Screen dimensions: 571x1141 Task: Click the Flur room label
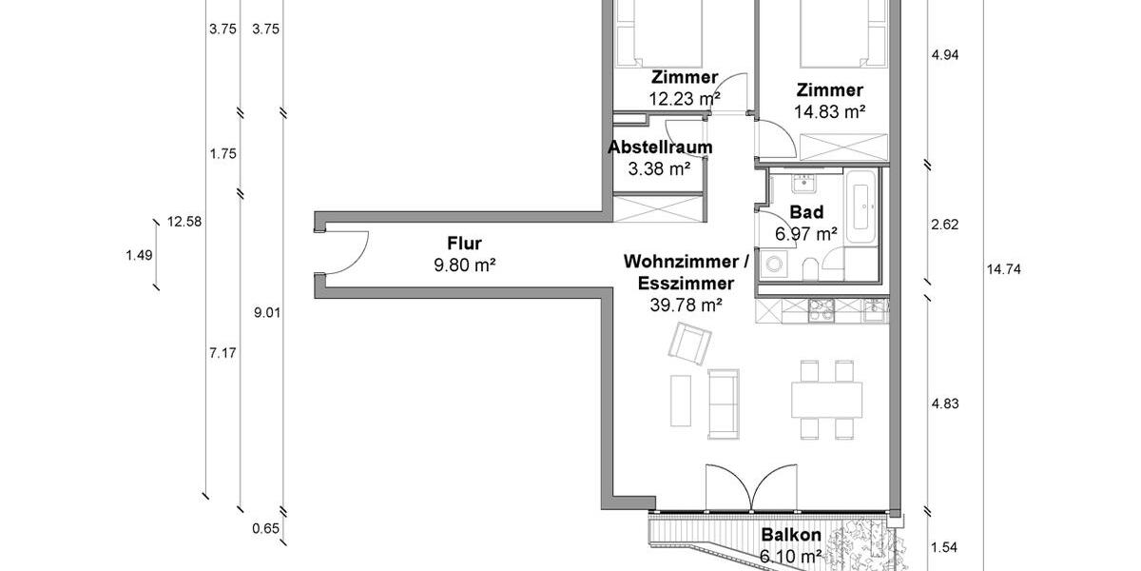pyautogui.click(x=466, y=243)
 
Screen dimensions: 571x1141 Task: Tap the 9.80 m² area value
pyautogui.click(x=466, y=266)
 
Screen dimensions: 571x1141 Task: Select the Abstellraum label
pyautogui.click(x=660, y=148)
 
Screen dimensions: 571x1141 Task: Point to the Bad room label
pyautogui.click(x=807, y=211)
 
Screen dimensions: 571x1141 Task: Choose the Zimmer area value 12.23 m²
pyautogui.click(x=684, y=98)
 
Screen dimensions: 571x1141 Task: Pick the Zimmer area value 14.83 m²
pyautogui.click(x=829, y=111)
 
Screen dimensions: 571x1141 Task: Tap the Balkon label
pyautogui.click(x=790, y=536)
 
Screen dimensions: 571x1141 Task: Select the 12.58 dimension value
pyautogui.click(x=185, y=222)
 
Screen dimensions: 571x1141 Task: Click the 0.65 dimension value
pyautogui.click(x=265, y=529)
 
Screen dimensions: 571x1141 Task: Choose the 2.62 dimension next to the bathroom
pyautogui.click(x=945, y=225)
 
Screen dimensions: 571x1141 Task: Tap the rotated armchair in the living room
pyautogui.click(x=691, y=344)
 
